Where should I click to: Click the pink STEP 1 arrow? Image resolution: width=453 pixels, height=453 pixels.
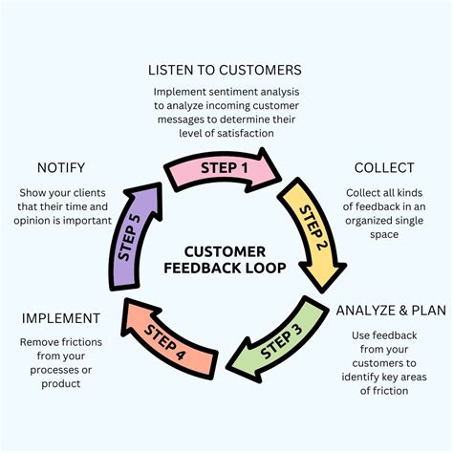226,169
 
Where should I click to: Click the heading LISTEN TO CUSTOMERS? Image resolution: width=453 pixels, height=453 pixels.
225,70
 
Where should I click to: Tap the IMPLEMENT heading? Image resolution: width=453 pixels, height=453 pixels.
62,317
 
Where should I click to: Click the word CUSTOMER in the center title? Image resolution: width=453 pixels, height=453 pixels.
226,250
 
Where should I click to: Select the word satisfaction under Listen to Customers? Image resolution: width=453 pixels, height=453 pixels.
253,135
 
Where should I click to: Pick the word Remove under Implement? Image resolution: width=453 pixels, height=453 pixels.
41,341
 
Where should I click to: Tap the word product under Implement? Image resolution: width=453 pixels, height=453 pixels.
62,384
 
